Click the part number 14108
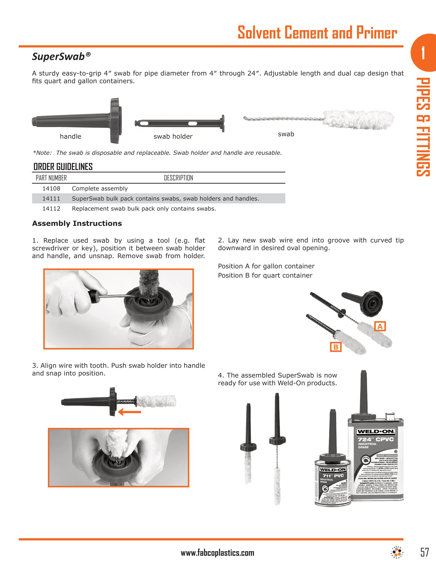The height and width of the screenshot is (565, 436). [x=51, y=189]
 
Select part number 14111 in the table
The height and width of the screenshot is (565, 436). [x=51, y=199]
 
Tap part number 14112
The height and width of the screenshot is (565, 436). [x=51, y=209]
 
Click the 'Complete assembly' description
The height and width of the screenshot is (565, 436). [x=100, y=189]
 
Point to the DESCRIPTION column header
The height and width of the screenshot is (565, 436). [x=179, y=178]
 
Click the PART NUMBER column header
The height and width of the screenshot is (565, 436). [x=51, y=178]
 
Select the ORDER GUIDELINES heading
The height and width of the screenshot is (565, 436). [x=63, y=167]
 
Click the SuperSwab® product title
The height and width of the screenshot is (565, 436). [x=61, y=56]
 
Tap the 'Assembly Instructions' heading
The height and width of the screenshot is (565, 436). [x=77, y=223]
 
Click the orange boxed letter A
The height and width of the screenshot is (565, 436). [x=380, y=326]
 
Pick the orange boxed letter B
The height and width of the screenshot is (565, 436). [x=336, y=347]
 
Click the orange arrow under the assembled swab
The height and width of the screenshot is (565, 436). [x=130, y=412]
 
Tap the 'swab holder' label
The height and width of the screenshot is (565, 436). [x=173, y=137]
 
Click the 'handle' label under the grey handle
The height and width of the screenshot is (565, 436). [x=70, y=137]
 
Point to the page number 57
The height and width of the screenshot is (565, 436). [x=424, y=552]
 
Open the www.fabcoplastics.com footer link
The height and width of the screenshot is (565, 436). [x=217, y=553]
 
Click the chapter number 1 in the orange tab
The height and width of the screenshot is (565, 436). [x=423, y=53]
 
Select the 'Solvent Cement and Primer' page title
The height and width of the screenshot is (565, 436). [x=317, y=33]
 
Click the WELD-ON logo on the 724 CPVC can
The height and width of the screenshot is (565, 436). [x=375, y=431]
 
